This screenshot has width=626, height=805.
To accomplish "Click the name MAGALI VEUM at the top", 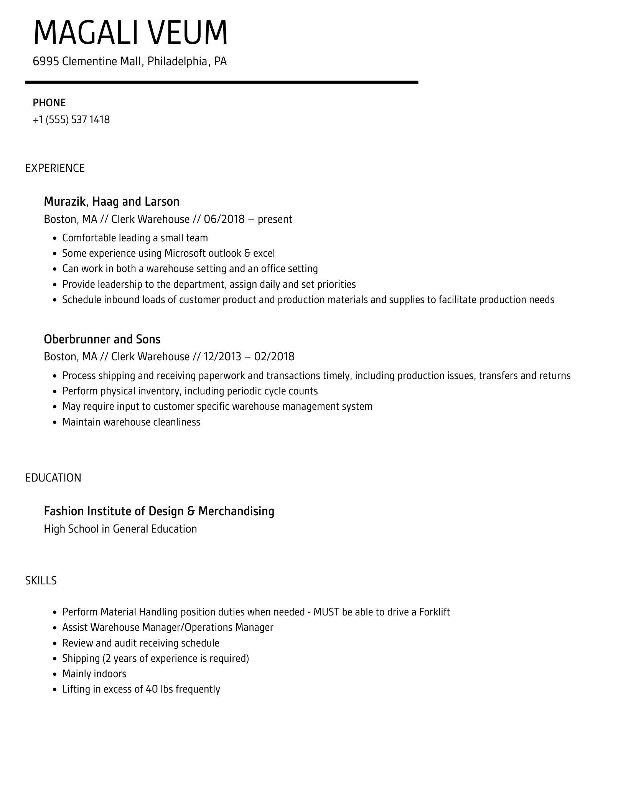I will [130, 33].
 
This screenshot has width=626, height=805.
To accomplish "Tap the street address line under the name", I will [130, 61].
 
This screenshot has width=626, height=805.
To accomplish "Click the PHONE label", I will [49, 103].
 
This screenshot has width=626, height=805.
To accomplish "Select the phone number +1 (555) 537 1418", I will [71, 120].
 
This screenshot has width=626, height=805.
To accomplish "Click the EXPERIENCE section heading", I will [55, 168].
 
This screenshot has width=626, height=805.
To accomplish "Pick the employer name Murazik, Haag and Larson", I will [112, 201].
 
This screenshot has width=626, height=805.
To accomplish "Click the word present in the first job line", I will [275, 219].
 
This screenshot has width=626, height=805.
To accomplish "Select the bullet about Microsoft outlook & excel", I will [168, 253].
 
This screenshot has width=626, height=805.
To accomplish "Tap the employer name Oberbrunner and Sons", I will [102, 339].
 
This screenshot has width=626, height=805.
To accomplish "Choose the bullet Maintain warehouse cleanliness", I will [131, 422].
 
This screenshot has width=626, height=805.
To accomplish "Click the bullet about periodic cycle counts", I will [190, 391].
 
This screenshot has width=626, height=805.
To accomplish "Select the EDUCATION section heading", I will [53, 478].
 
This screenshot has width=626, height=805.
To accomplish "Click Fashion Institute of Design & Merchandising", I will [159, 511].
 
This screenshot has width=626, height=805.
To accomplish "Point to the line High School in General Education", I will [120, 529].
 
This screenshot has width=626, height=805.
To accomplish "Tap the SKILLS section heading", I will [41, 581].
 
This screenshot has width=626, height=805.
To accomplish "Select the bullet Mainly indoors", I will [94, 674].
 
